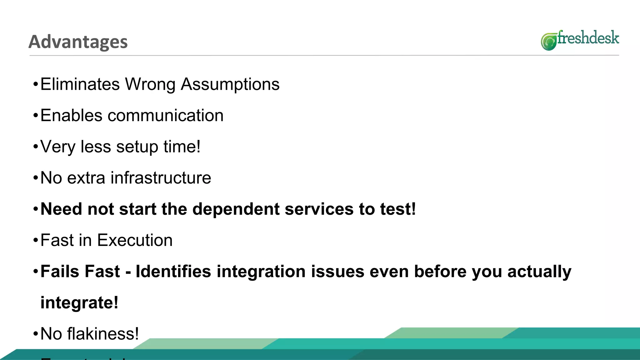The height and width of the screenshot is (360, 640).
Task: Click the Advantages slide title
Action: click(78, 42)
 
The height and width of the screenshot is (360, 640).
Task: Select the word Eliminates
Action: click(80, 84)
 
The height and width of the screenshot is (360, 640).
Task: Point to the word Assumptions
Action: click(230, 84)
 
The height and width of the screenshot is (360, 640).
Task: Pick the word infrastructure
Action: click(161, 178)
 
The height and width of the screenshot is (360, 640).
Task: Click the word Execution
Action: click(135, 240)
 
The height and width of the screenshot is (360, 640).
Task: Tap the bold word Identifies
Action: click(173, 271)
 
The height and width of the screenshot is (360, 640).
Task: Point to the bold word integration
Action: click(261, 271)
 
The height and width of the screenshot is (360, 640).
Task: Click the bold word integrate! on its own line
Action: click(79, 302)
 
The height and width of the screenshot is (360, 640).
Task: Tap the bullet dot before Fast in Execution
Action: click(36, 240)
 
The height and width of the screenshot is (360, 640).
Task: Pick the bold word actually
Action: click(539, 271)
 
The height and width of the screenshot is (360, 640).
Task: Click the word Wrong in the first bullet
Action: click(150, 84)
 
